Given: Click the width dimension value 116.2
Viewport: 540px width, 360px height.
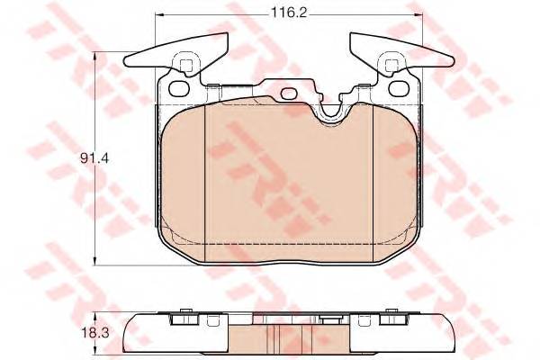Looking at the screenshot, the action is click(289, 13).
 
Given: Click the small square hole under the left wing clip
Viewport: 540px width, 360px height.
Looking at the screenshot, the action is click(186, 65).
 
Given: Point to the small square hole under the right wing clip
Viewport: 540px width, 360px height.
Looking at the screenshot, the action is click(391, 65).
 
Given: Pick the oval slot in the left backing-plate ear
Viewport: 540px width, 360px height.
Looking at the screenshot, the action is click(180, 88).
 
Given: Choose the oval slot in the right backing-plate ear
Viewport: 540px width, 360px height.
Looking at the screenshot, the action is click(400, 88).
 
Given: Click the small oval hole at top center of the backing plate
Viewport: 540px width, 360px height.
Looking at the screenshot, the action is click(290, 94).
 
